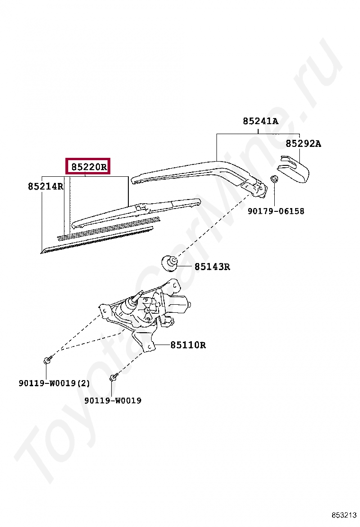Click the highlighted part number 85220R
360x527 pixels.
(x=89, y=166)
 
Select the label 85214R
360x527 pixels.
(x=45, y=186)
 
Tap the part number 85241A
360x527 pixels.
(x=260, y=121)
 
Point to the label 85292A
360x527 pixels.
(x=303, y=144)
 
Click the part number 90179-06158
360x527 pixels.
(x=276, y=211)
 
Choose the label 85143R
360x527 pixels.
(x=212, y=267)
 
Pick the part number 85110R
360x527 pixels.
(x=188, y=345)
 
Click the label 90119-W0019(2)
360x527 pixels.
(x=54, y=383)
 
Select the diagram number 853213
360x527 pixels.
(x=343, y=515)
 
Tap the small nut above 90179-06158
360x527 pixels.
(x=274, y=179)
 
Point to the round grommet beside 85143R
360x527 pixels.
(x=170, y=262)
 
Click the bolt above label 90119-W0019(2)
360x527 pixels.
(x=47, y=361)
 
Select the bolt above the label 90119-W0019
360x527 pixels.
(x=112, y=378)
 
